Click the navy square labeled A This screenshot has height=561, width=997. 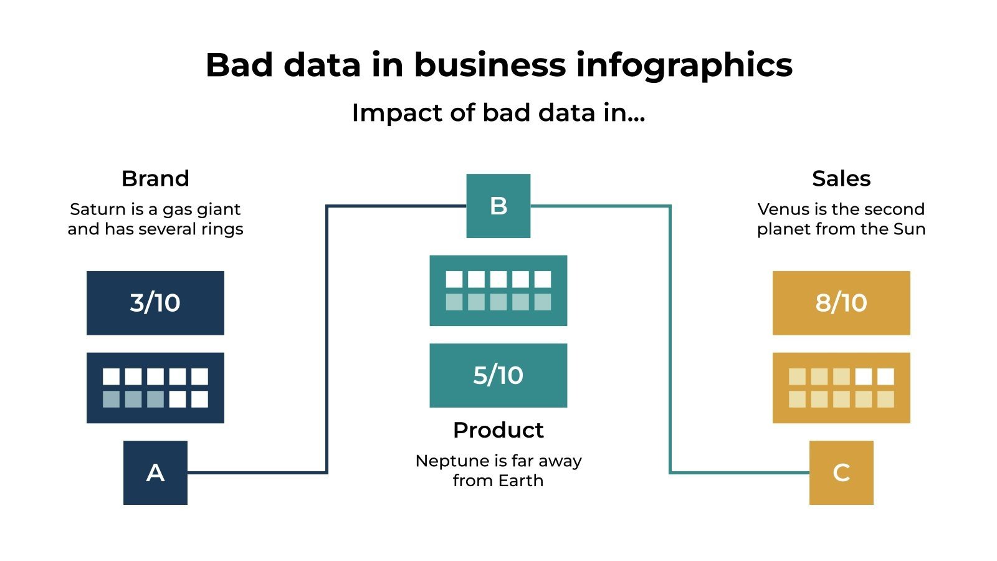155,472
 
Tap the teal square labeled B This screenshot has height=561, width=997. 499,206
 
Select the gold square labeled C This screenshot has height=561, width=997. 841,472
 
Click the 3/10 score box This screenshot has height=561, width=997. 155,303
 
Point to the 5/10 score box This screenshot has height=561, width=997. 499,375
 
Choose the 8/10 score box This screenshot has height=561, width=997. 841,303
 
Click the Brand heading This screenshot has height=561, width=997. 155,179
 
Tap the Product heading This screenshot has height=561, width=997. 499,430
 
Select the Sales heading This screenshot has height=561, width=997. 841,179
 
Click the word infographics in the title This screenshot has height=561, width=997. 684,65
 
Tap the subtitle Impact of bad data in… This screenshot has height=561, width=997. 499,113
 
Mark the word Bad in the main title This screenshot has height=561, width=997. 239,65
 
